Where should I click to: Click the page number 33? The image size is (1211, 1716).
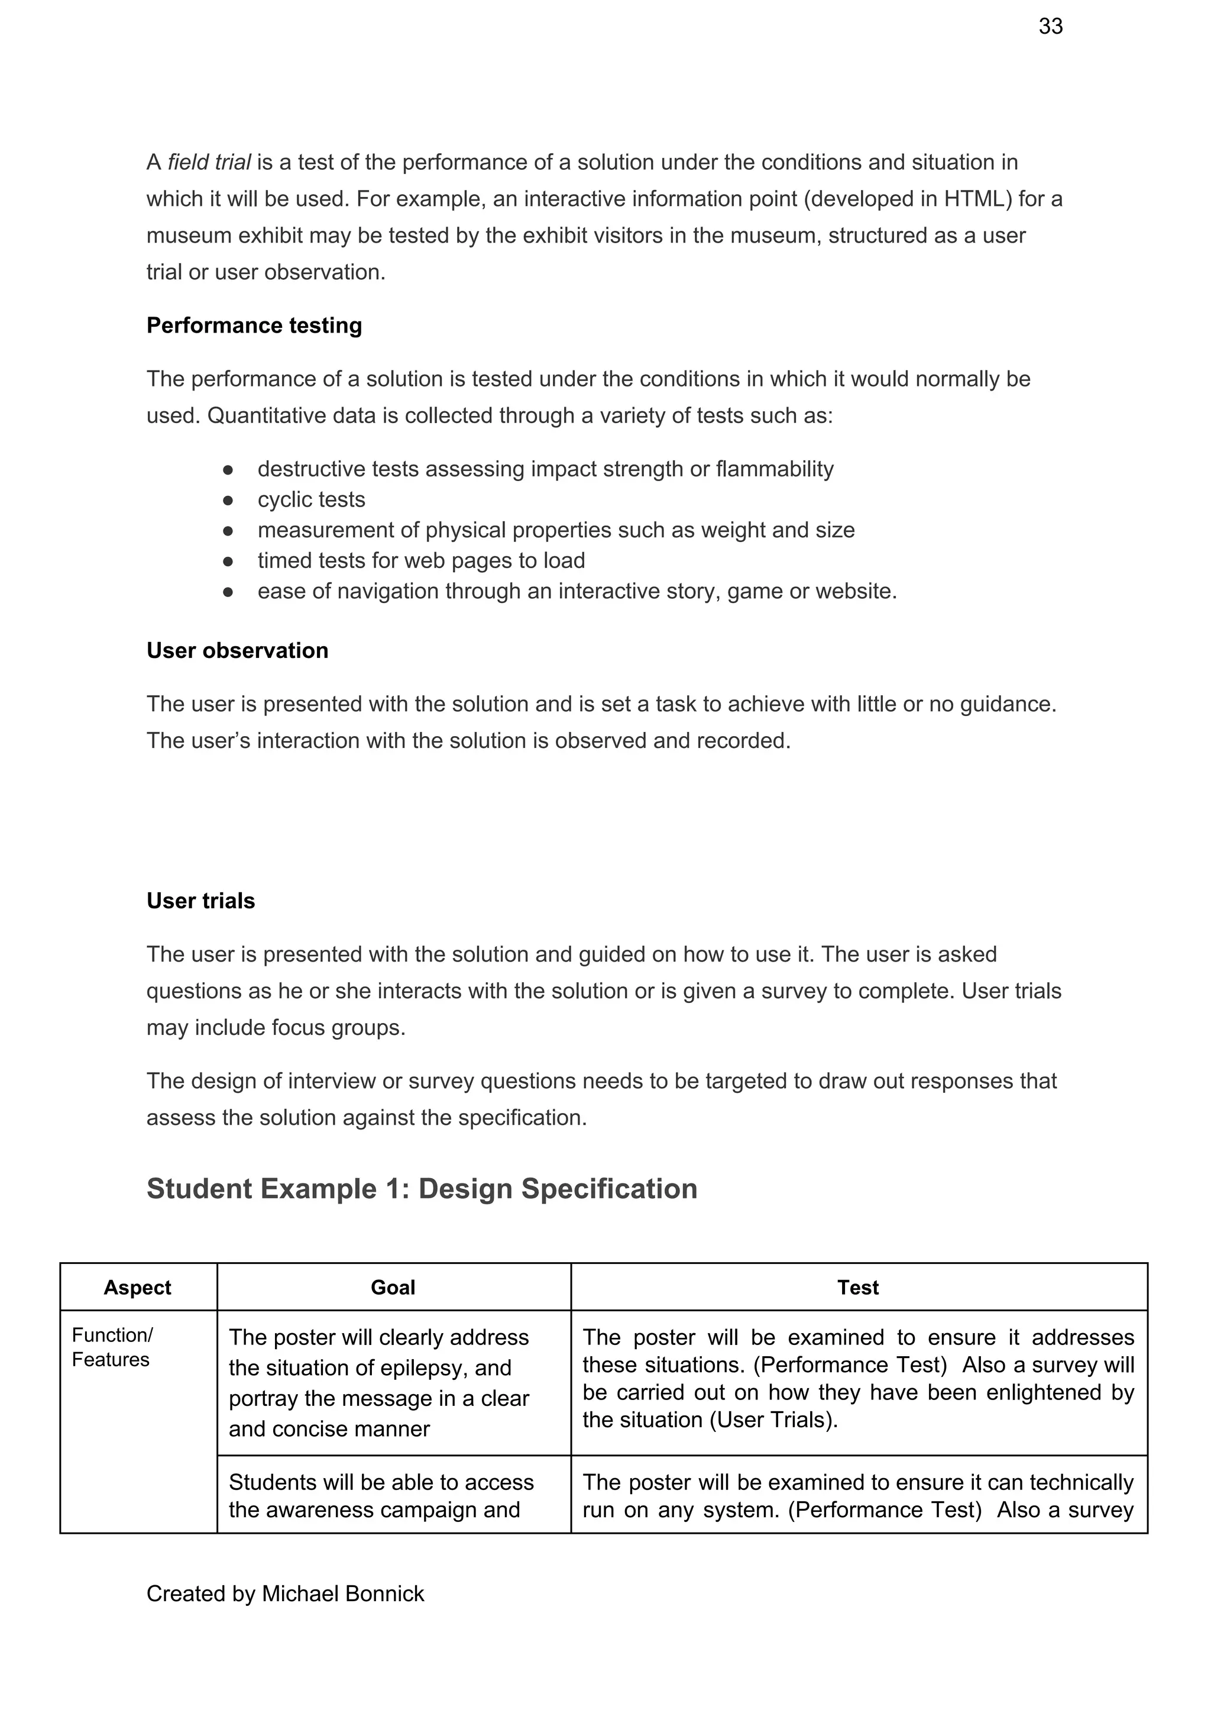(x=1050, y=27)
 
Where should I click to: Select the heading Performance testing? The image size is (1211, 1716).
(x=254, y=326)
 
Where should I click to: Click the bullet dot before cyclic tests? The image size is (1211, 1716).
(x=228, y=499)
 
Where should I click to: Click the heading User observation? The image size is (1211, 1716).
(x=237, y=651)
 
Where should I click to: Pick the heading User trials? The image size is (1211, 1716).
(x=200, y=901)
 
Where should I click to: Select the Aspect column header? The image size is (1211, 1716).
(x=137, y=1288)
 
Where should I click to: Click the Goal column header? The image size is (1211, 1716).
(x=393, y=1288)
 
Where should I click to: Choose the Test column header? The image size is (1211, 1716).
(x=857, y=1288)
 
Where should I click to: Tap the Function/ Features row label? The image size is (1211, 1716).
(x=112, y=1347)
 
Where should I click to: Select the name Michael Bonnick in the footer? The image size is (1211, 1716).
(x=342, y=1594)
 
